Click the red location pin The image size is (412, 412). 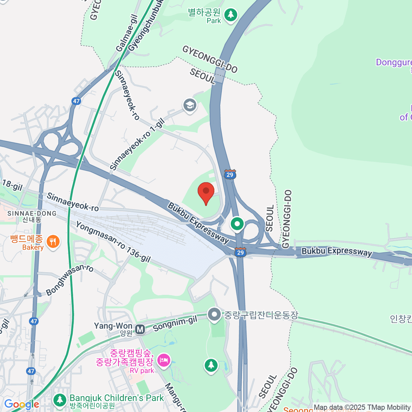pyautogui.click(x=206, y=192)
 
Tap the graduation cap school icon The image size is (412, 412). pyautogui.click(x=190, y=105)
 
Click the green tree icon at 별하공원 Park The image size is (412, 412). pyautogui.click(x=231, y=15)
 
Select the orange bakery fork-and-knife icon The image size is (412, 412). pyautogui.click(x=53, y=242)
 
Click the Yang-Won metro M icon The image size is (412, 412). pyautogui.click(x=140, y=329)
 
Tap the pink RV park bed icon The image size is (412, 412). pyautogui.click(x=164, y=360)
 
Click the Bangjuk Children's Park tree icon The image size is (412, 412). pyautogui.click(x=60, y=400)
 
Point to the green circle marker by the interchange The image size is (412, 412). pyautogui.click(x=237, y=224)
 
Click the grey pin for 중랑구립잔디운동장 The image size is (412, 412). pyautogui.click(x=214, y=314)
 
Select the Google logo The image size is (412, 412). pyautogui.click(x=22, y=404)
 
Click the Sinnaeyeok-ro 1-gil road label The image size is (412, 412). pyautogui.click(x=137, y=144)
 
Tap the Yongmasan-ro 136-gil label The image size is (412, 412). pyautogui.click(x=113, y=242)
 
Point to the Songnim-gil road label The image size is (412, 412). pyautogui.click(x=175, y=324)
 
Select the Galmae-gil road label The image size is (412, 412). pyautogui.click(x=127, y=33)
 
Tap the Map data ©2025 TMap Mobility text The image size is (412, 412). pyautogui.click(x=362, y=408)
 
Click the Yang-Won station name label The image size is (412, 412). pyautogui.click(x=113, y=326)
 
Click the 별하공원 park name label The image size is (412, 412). pyautogui.click(x=204, y=13)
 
